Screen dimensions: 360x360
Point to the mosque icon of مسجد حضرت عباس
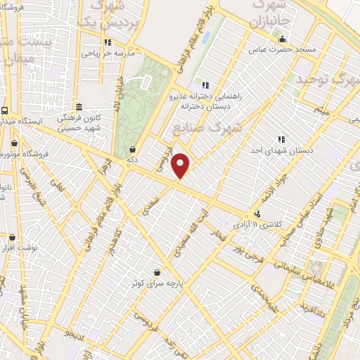click(283, 39)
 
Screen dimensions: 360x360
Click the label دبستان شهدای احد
click(282, 150)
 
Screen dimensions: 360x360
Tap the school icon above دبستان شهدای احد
click(282, 139)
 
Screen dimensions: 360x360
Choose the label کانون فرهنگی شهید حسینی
click(77, 123)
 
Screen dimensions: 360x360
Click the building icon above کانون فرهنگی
click(78, 108)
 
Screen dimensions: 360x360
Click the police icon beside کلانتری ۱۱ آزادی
click(258, 214)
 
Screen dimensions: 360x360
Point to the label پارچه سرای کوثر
click(156, 283)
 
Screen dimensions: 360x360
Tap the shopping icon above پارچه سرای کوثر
click(156, 272)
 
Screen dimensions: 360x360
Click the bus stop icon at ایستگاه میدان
click(5, 110)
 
